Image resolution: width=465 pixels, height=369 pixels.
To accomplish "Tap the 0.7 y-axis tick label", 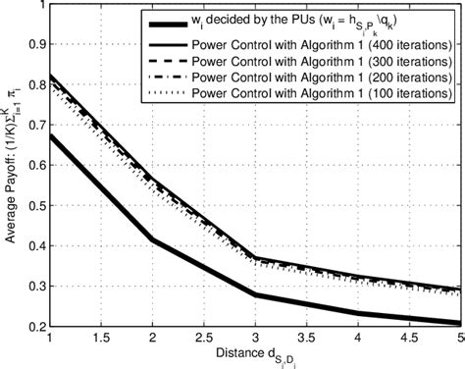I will (x=33, y=126).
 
